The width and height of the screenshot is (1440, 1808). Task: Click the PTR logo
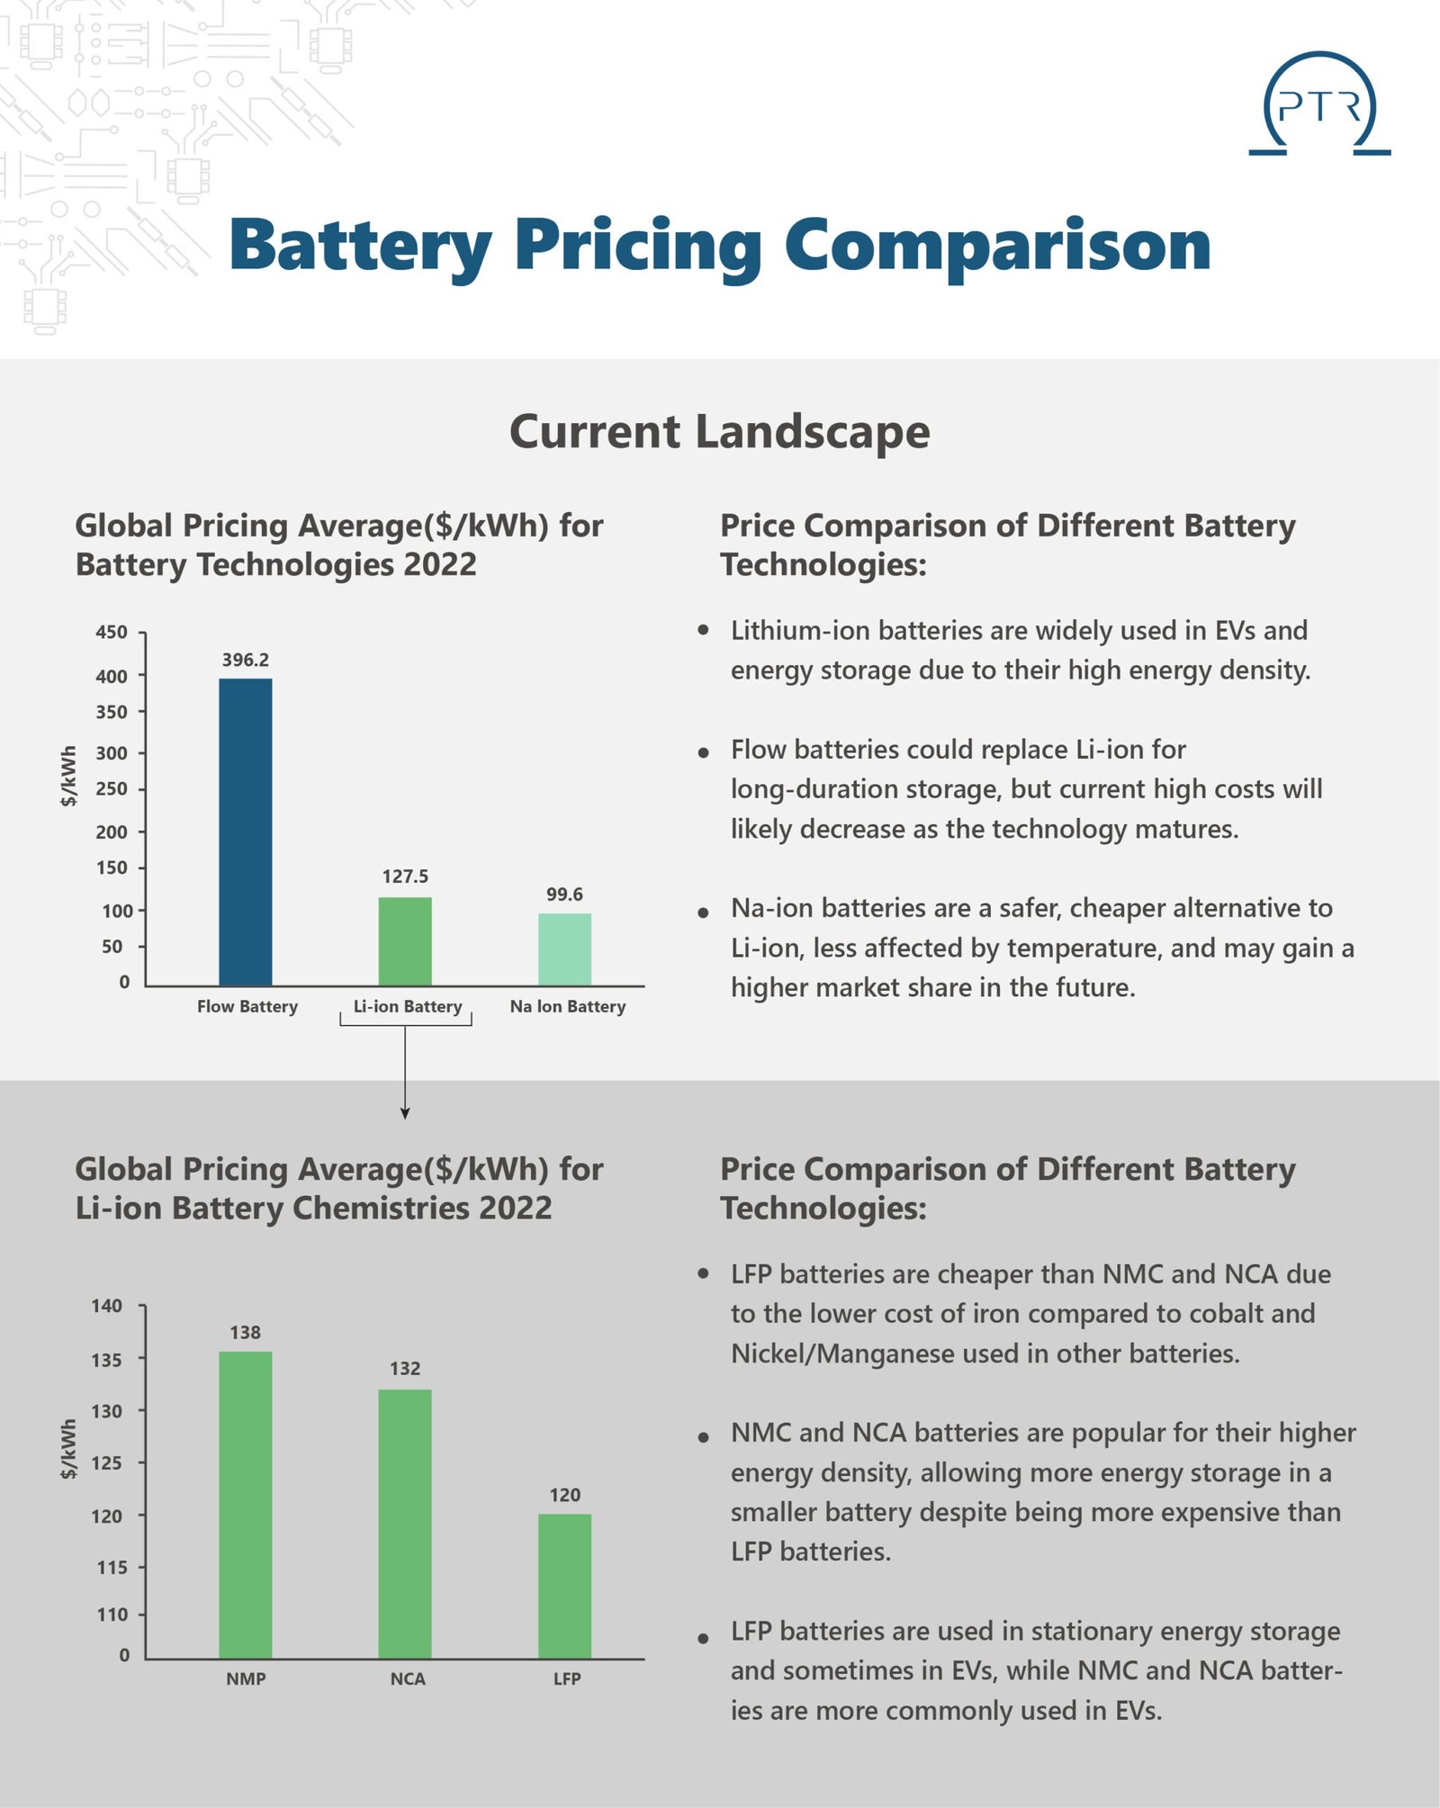[x=1319, y=104]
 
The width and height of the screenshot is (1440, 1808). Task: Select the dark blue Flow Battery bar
[x=246, y=832]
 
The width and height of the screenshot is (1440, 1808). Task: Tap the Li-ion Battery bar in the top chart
[x=405, y=941]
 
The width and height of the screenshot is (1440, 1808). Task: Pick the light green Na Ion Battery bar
[x=565, y=949]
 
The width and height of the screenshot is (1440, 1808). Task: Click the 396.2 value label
[x=246, y=660]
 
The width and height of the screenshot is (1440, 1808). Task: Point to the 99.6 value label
[x=565, y=894]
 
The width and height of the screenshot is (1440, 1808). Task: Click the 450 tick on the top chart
[x=112, y=632]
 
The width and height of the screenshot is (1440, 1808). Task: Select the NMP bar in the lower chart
[x=246, y=1505]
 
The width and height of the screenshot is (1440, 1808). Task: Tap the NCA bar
[x=405, y=1524]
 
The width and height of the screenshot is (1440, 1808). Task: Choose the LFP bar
[x=565, y=1586]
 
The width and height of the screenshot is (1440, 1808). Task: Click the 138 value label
[x=246, y=1332]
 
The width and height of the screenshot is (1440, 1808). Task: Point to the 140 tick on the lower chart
[x=107, y=1305]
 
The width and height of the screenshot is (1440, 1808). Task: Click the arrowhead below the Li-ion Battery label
[x=405, y=1113]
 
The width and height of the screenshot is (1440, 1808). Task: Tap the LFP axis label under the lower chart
[x=567, y=1678]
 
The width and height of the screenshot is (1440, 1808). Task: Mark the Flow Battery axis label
[x=247, y=1006]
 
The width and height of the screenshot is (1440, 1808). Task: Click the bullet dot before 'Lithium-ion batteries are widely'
[x=704, y=630]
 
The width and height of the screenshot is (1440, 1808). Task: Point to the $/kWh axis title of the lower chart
[x=68, y=1449]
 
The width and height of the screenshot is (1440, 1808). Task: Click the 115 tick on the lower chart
[x=112, y=1567]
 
